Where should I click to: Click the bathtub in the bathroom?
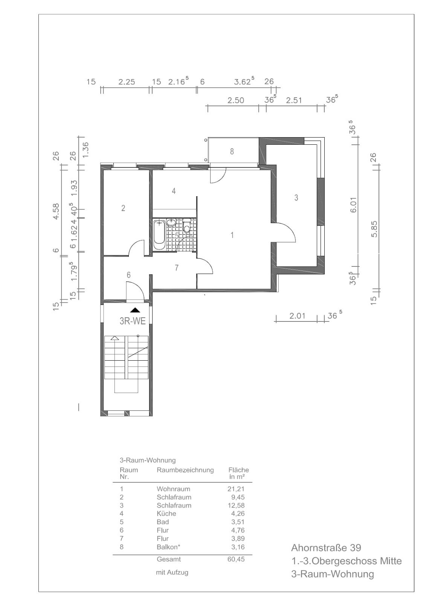coord(159,235)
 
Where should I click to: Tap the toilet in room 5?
coord(186,226)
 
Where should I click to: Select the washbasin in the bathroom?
coord(171,222)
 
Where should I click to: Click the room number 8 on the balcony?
coord(232,152)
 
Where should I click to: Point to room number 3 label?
coord(296,198)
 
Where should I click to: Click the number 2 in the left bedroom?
coord(123,208)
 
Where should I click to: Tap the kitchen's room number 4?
coord(174,191)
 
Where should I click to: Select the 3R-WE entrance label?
coord(133,321)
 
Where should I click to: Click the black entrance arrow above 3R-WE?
coord(135,310)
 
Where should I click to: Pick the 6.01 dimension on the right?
coord(353,205)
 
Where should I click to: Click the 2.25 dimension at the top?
coord(127,81)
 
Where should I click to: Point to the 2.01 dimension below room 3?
coord(297,316)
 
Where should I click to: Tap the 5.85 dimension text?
coord(374,229)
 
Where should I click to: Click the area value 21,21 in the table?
coord(236,489)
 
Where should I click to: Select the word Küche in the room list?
coord(166,513)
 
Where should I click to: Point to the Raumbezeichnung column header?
coord(185,470)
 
